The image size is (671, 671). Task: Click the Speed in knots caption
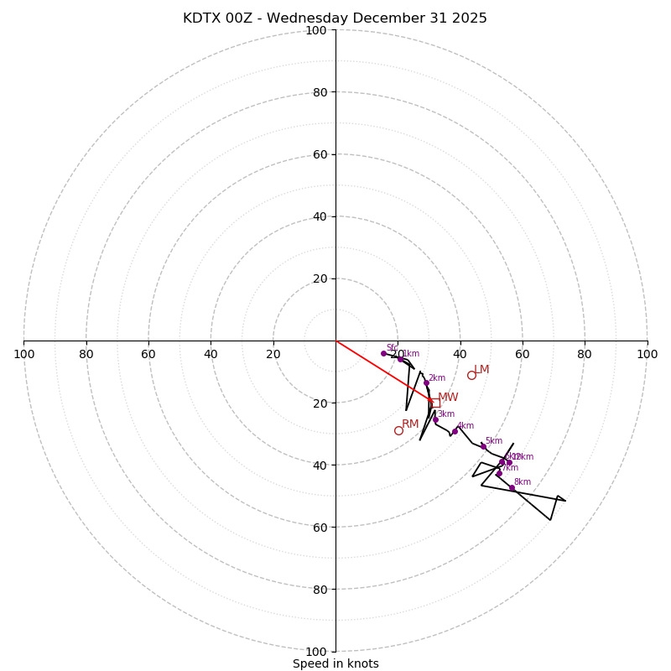[x=335, y=663]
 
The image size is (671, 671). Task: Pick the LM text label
[x=481, y=370]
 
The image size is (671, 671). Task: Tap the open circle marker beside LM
[x=471, y=375]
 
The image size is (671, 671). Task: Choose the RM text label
[x=410, y=424]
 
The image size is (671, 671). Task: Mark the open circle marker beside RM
[x=398, y=430]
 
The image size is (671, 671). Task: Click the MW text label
[x=448, y=398]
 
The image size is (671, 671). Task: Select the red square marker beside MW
[x=435, y=403]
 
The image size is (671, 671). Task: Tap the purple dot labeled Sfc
[x=383, y=353]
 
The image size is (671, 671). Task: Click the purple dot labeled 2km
[x=426, y=382]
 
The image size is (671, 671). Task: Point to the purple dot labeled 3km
[x=435, y=419]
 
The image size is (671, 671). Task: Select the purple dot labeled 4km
[x=455, y=431]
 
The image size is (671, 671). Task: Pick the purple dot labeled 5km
[x=483, y=446]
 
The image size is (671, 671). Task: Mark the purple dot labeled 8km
[x=512, y=487]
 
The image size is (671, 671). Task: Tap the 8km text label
[x=523, y=482]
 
